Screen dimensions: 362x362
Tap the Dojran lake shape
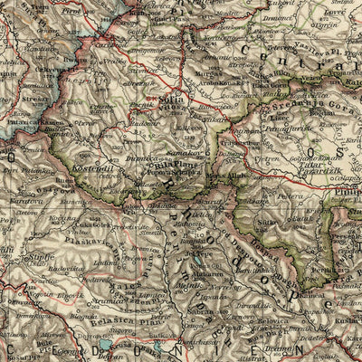[116, 345]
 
